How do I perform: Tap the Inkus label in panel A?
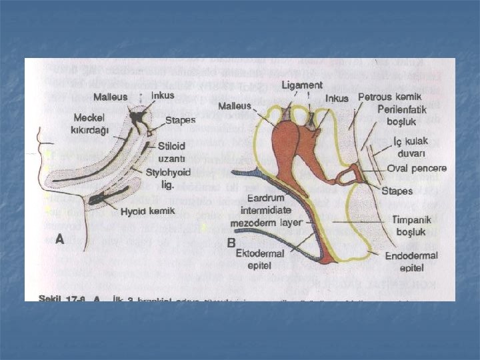(x=163, y=95)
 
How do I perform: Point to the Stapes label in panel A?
(x=180, y=121)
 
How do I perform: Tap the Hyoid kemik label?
(x=148, y=211)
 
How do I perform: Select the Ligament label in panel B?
(x=301, y=85)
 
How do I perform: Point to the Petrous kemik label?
(x=389, y=97)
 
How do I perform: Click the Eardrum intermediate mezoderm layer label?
(x=265, y=211)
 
